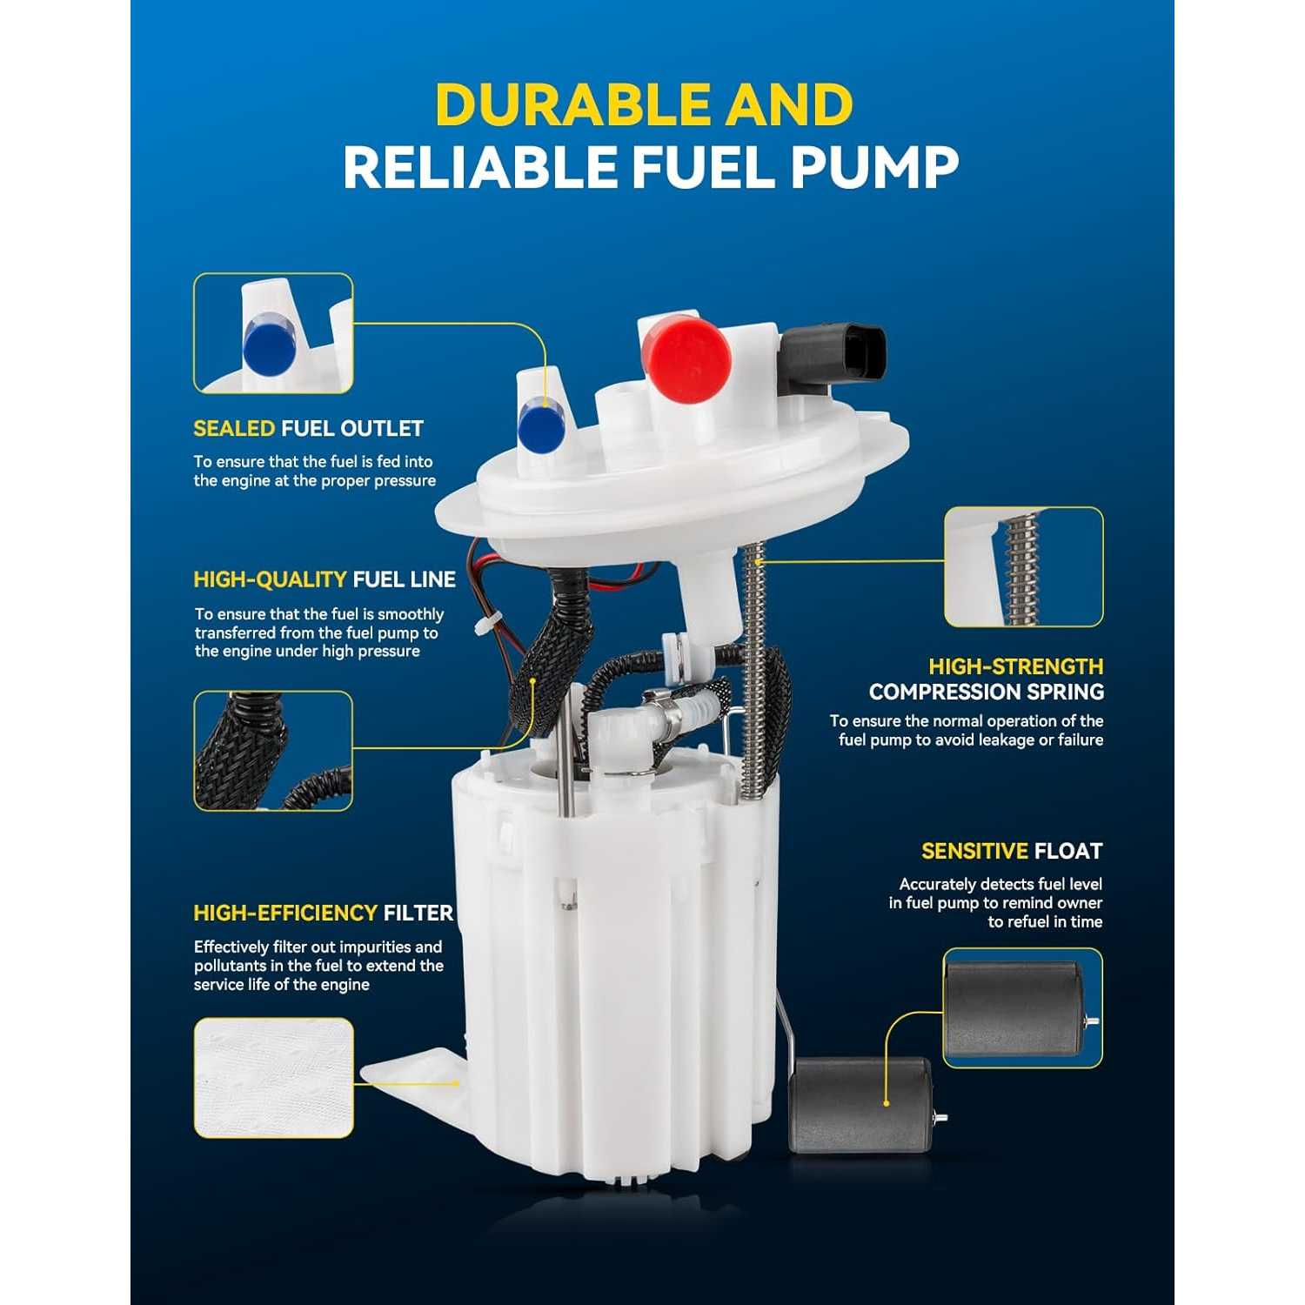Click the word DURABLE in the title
(572, 105)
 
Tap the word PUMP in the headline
(874, 167)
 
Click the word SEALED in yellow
(234, 429)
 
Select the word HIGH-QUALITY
(270, 580)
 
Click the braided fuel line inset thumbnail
(273, 751)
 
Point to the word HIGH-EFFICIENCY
(285, 913)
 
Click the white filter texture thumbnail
(273, 1078)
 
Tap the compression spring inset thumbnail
(1024, 566)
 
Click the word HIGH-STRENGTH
(1015, 667)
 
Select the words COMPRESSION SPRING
(987, 693)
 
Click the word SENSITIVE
(974, 851)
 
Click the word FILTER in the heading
(418, 913)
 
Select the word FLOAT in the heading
(1068, 851)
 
